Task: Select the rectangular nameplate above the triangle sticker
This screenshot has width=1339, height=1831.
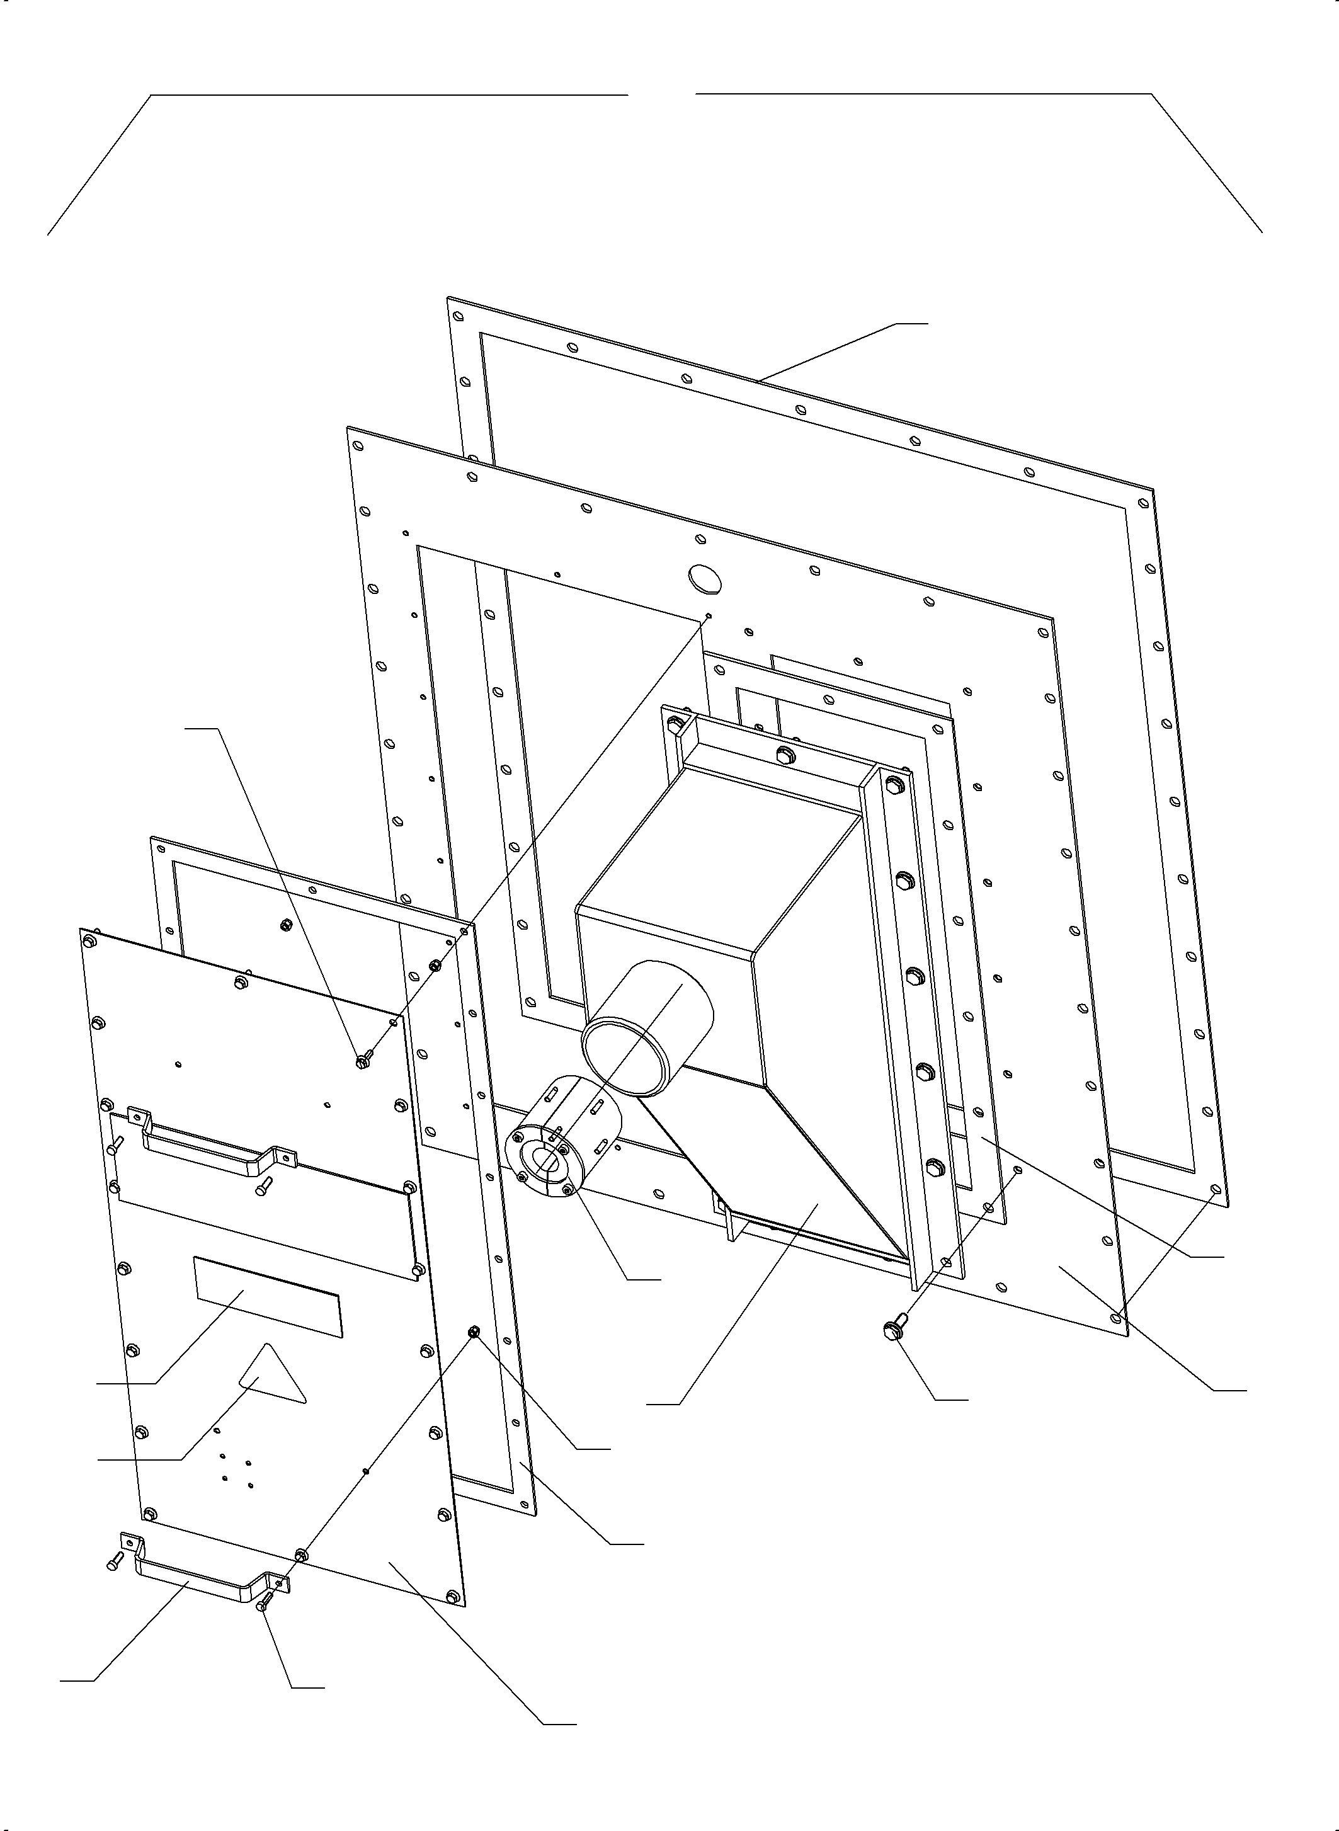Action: click(x=268, y=1297)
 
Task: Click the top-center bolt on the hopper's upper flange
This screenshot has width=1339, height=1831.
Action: click(x=783, y=755)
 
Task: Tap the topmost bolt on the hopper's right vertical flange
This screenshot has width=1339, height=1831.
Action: click(x=894, y=785)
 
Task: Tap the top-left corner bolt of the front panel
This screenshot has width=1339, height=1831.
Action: click(x=88, y=942)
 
